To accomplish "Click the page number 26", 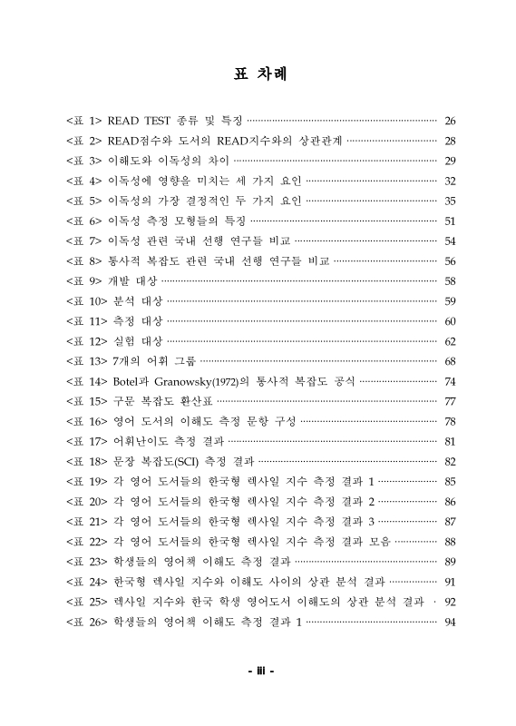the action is point(450,121).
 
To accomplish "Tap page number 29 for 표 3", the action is point(450,161).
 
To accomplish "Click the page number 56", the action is point(450,260).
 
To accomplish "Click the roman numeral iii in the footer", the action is point(258,672).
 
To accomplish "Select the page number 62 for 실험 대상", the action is point(450,341).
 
